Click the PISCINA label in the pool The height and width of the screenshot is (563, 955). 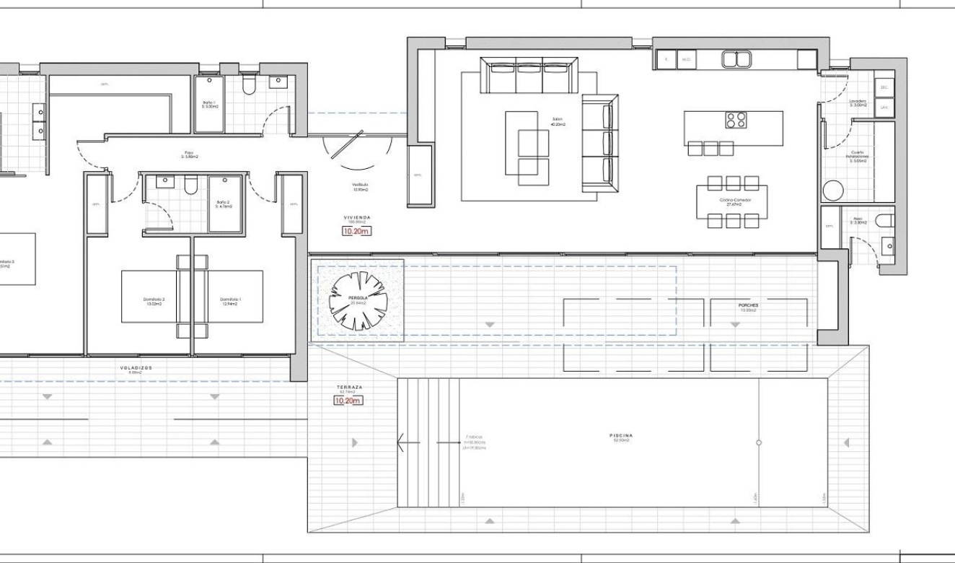[620, 436]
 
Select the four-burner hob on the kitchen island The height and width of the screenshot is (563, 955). [736, 120]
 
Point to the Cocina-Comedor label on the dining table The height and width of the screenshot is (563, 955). [731, 201]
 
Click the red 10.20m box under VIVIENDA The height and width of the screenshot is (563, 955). [356, 232]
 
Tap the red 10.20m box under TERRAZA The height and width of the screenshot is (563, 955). [348, 401]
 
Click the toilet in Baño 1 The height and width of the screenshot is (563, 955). [250, 86]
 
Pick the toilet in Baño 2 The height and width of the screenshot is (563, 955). [191, 186]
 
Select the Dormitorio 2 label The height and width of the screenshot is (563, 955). [153, 301]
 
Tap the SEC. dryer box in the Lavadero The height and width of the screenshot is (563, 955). [884, 87]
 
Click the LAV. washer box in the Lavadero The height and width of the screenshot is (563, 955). [884, 108]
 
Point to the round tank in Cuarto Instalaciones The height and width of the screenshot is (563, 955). [833, 191]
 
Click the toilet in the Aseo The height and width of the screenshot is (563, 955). [883, 220]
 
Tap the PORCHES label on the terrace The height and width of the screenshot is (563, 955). [748, 305]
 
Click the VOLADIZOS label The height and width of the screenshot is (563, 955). [136, 368]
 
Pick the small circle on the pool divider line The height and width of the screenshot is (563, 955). [759, 442]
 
